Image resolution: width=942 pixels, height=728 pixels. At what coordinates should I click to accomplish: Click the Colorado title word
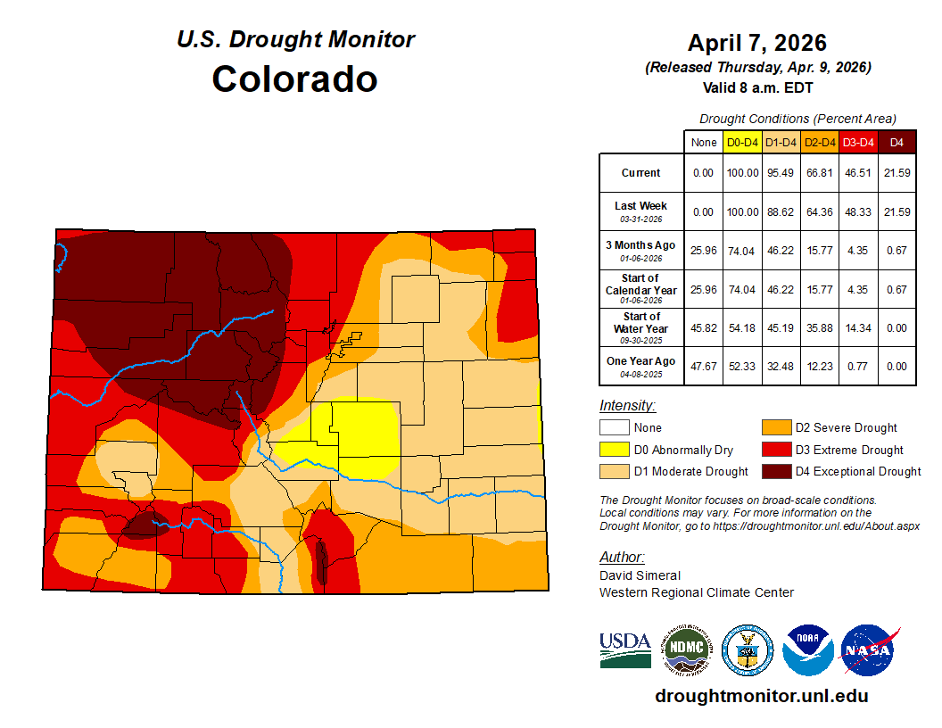(x=294, y=79)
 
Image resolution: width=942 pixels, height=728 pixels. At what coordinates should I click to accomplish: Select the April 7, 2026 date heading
(x=757, y=43)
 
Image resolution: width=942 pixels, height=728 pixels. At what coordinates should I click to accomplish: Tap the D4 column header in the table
(x=897, y=142)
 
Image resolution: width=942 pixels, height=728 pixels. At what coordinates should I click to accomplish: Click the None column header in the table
(x=703, y=142)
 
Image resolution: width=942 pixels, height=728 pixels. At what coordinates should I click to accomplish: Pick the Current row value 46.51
(x=858, y=173)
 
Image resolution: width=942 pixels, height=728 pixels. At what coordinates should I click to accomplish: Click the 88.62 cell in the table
(x=781, y=211)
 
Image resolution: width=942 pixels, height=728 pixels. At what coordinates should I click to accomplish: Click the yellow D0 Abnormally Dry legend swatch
(x=614, y=450)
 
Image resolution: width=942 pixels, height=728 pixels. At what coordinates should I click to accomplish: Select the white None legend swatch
(x=614, y=428)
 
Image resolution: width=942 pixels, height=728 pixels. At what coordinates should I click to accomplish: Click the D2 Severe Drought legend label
(x=846, y=428)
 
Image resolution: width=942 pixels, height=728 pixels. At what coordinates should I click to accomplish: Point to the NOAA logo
(x=808, y=650)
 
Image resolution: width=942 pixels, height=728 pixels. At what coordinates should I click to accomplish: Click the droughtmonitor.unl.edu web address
(x=761, y=696)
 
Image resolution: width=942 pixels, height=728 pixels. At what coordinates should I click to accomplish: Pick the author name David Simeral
(x=640, y=575)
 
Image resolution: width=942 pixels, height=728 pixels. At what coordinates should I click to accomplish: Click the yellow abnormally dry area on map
(x=357, y=437)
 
